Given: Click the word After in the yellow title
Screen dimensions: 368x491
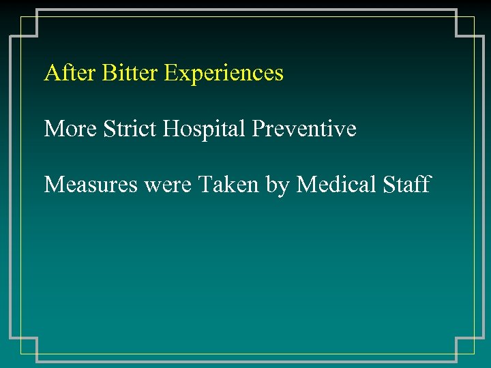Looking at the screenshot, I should coord(70,73).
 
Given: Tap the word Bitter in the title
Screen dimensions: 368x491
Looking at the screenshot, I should coord(130,73).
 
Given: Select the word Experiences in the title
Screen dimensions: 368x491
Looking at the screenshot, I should coord(224,74).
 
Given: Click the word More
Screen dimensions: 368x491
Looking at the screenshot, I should coord(71,128).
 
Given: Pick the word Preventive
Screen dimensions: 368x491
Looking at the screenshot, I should coord(304,129).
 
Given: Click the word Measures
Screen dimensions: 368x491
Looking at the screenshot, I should coord(89,184).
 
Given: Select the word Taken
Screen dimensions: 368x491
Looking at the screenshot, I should coord(229,184).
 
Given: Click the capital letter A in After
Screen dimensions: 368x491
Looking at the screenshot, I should coord(51,73).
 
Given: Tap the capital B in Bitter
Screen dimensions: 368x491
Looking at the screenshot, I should coord(108,73).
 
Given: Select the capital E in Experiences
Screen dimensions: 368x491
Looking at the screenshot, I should coord(170,73).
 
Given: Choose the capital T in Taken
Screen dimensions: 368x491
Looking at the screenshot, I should coord(204,184).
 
